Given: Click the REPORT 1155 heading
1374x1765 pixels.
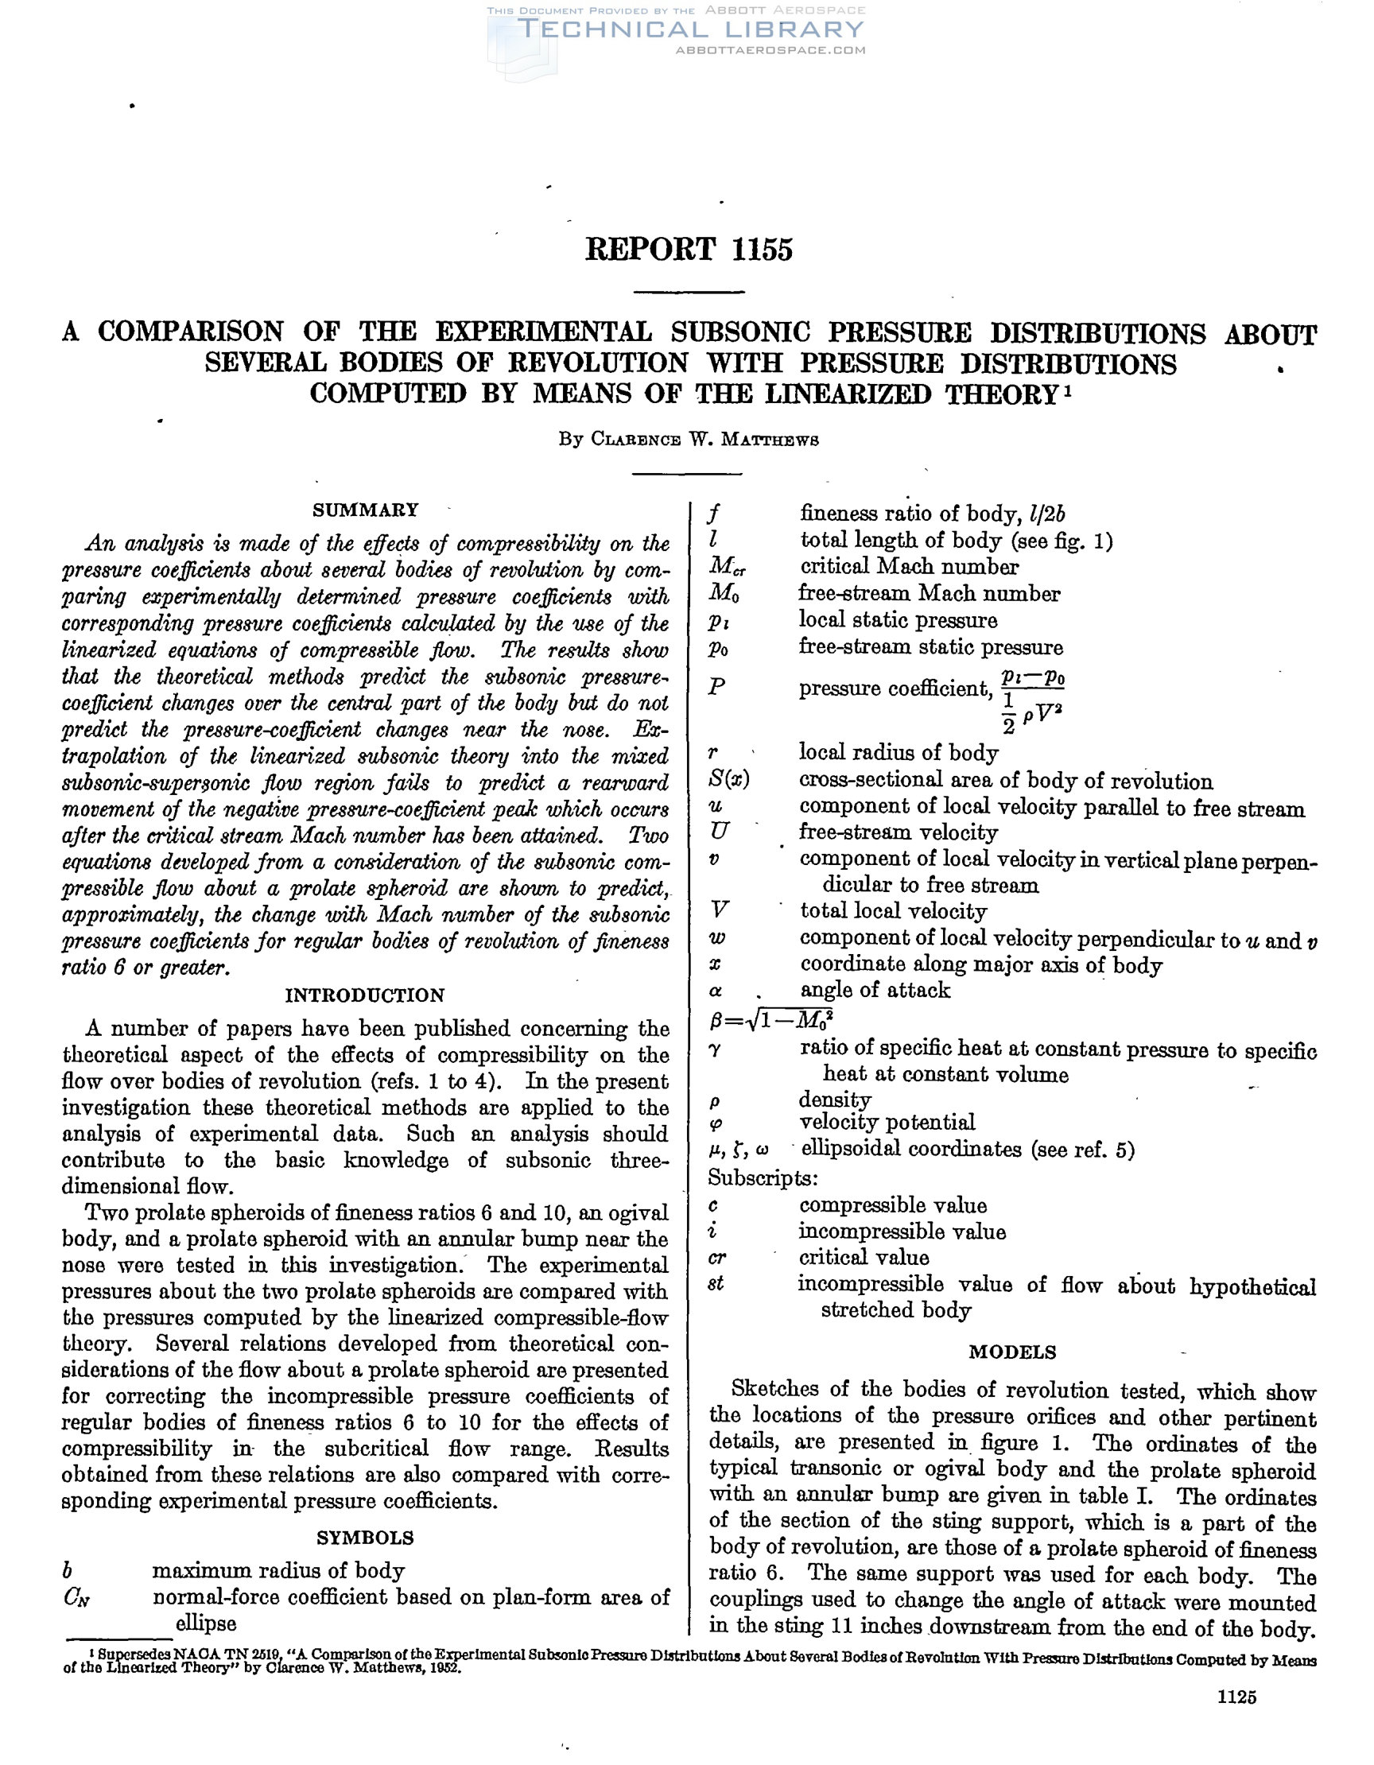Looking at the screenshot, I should pyautogui.click(x=688, y=249).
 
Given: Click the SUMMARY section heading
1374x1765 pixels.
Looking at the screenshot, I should pyautogui.click(x=365, y=510).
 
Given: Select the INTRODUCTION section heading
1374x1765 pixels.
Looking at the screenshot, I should pyautogui.click(x=364, y=995).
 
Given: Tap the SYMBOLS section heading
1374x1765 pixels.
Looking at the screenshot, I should pyautogui.click(x=364, y=1537).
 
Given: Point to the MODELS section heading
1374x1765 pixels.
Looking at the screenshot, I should pyautogui.click(x=1012, y=1352).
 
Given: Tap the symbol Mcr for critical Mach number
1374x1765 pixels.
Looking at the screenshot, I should pyautogui.click(x=727, y=568).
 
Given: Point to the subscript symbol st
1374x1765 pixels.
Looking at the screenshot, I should pyautogui.click(x=716, y=1284).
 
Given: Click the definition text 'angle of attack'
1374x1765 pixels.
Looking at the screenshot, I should pyautogui.click(x=875, y=991).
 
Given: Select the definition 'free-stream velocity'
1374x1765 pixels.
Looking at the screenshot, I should pyautogui.click(x=898, y=832).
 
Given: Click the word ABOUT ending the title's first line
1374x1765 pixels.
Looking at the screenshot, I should pyautogui.click(x=1270, y=333).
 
